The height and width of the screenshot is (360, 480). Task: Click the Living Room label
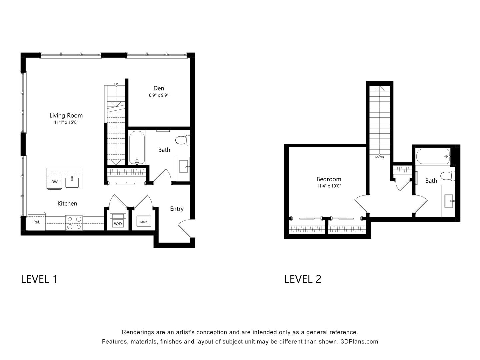66,115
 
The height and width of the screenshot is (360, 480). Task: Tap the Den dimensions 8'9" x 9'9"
159,95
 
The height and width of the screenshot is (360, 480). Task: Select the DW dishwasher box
54,182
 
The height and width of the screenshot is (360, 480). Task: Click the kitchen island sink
72,182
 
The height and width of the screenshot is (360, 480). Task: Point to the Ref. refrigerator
36,222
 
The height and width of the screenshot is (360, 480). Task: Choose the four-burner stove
74,223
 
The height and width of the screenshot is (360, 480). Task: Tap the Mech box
144,222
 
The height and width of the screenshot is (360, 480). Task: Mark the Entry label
177,209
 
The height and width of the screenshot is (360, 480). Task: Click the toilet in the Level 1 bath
182,140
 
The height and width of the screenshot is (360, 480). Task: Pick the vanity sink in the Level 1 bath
183,166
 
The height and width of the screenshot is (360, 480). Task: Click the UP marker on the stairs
116,84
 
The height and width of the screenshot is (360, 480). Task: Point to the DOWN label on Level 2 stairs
379,156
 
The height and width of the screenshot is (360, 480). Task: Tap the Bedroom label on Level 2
329,179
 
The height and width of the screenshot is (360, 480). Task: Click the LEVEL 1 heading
39,279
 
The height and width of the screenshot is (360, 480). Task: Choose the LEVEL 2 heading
303,279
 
